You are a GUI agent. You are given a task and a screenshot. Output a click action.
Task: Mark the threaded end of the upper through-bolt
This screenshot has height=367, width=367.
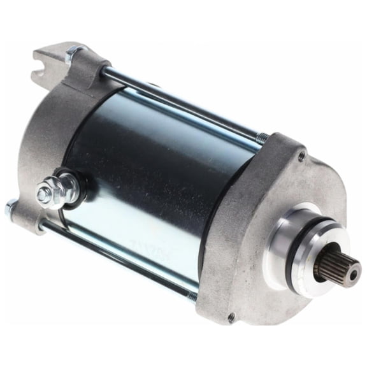tap(262, 137)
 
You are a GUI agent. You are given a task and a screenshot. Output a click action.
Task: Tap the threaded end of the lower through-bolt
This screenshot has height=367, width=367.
tap(192, 294)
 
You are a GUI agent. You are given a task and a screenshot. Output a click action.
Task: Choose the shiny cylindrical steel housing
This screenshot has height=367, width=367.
tap(159, 172)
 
